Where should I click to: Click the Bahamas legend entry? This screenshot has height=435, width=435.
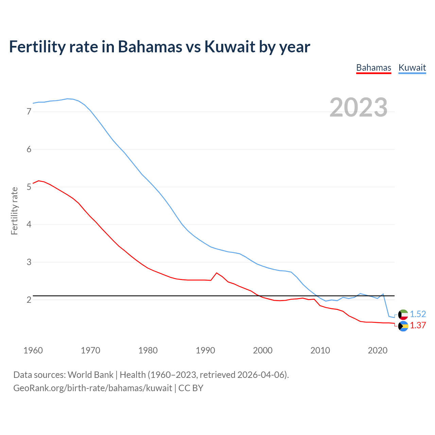click(x=373, y=68)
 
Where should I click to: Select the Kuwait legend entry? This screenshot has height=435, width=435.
click(x=412, y=68)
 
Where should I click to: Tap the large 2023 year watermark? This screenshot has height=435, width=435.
click(x=359, y=107)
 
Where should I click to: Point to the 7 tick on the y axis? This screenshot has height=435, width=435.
click(x=29, y=111)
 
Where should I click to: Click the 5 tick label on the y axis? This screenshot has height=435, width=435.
click(x=29, y=187)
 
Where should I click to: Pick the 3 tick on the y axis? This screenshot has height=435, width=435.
click(x=29, y=262)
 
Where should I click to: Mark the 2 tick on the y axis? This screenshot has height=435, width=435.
click(x=29, y=300)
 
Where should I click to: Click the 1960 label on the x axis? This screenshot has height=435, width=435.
click(x=33, y=350)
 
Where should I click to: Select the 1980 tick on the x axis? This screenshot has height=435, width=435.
click(x=148, y=350)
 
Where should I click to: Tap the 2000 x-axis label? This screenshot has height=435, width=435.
click(x=263, y=350)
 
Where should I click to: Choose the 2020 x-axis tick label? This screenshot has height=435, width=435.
click(x=378, y=350)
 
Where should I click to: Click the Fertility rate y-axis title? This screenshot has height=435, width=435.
click(x=14, y=211)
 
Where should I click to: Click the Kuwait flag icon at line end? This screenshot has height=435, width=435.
click(x=403, y=314)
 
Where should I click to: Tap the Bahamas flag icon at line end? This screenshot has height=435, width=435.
click(x=403, y=326)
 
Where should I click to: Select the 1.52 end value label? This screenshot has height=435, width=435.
click(x=418, y=314)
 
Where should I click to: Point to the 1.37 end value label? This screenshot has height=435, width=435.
click(x=418, y=325)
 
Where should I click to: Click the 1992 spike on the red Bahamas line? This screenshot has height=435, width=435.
click(x=216, y=273)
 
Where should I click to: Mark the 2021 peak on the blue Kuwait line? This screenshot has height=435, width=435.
click(x=383, y=294)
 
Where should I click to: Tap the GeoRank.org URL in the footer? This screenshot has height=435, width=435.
click(x=92, y=388)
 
